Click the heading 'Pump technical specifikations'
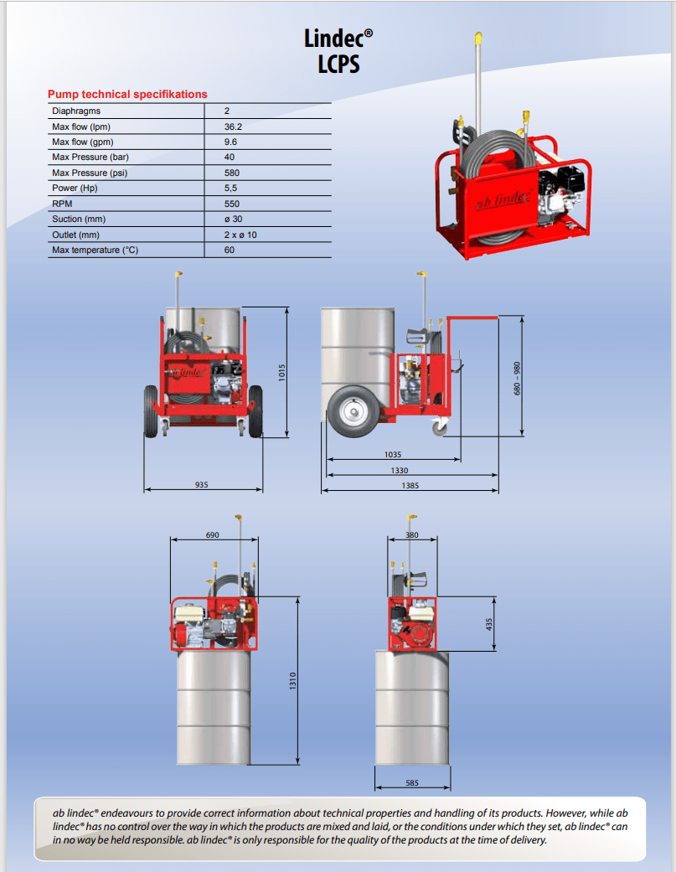pyautogui.click(x=127, y=95)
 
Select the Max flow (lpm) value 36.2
pyautogui.click(x=233, y=126)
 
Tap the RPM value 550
pyautogui.click(x=232, y=204)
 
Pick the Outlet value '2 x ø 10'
pyautogui.click(x=240, y=235)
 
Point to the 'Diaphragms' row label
pyautogui.click(x=76, y=111)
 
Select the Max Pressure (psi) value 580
pyautogui.click(x=232, y=173)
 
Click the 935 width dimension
pyautogui.click(x=201, y=484)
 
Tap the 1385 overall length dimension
pyautogui.click(x=410, y=485)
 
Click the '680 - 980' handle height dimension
pyautogui.click(x=517, y=379)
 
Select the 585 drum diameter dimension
pyautogui.click(x=412, y=783)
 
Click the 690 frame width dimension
pyautogui.click(x=213, y=534)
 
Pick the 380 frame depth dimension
pyautogui.click(x=411, y=534)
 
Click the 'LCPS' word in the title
pyautogui.click(x=338, y=64)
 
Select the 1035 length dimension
pyautogui.click(x=392, y=455)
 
